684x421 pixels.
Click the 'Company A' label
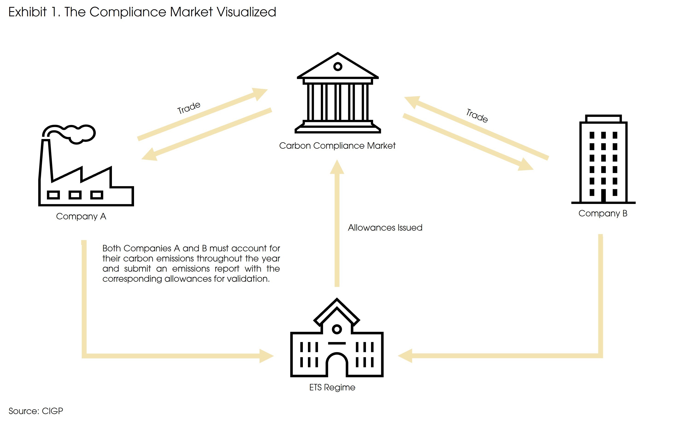tap(81, 216)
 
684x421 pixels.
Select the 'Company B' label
tap(603, 214)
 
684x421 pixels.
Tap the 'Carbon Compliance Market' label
tap(337, 146)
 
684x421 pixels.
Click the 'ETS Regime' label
tap(332, 387)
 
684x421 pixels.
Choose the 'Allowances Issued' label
tap(385, 228)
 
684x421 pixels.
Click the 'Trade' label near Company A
tap(189, 107)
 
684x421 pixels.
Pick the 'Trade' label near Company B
tap(477, 116)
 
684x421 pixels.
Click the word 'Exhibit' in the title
tap(27, 12)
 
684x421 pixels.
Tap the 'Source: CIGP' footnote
tap(36, 411)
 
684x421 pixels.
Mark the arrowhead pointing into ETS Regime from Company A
tap(266, 356)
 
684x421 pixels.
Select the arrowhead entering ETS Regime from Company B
tap(406, 356)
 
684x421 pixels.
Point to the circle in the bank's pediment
tap(338, 67)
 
